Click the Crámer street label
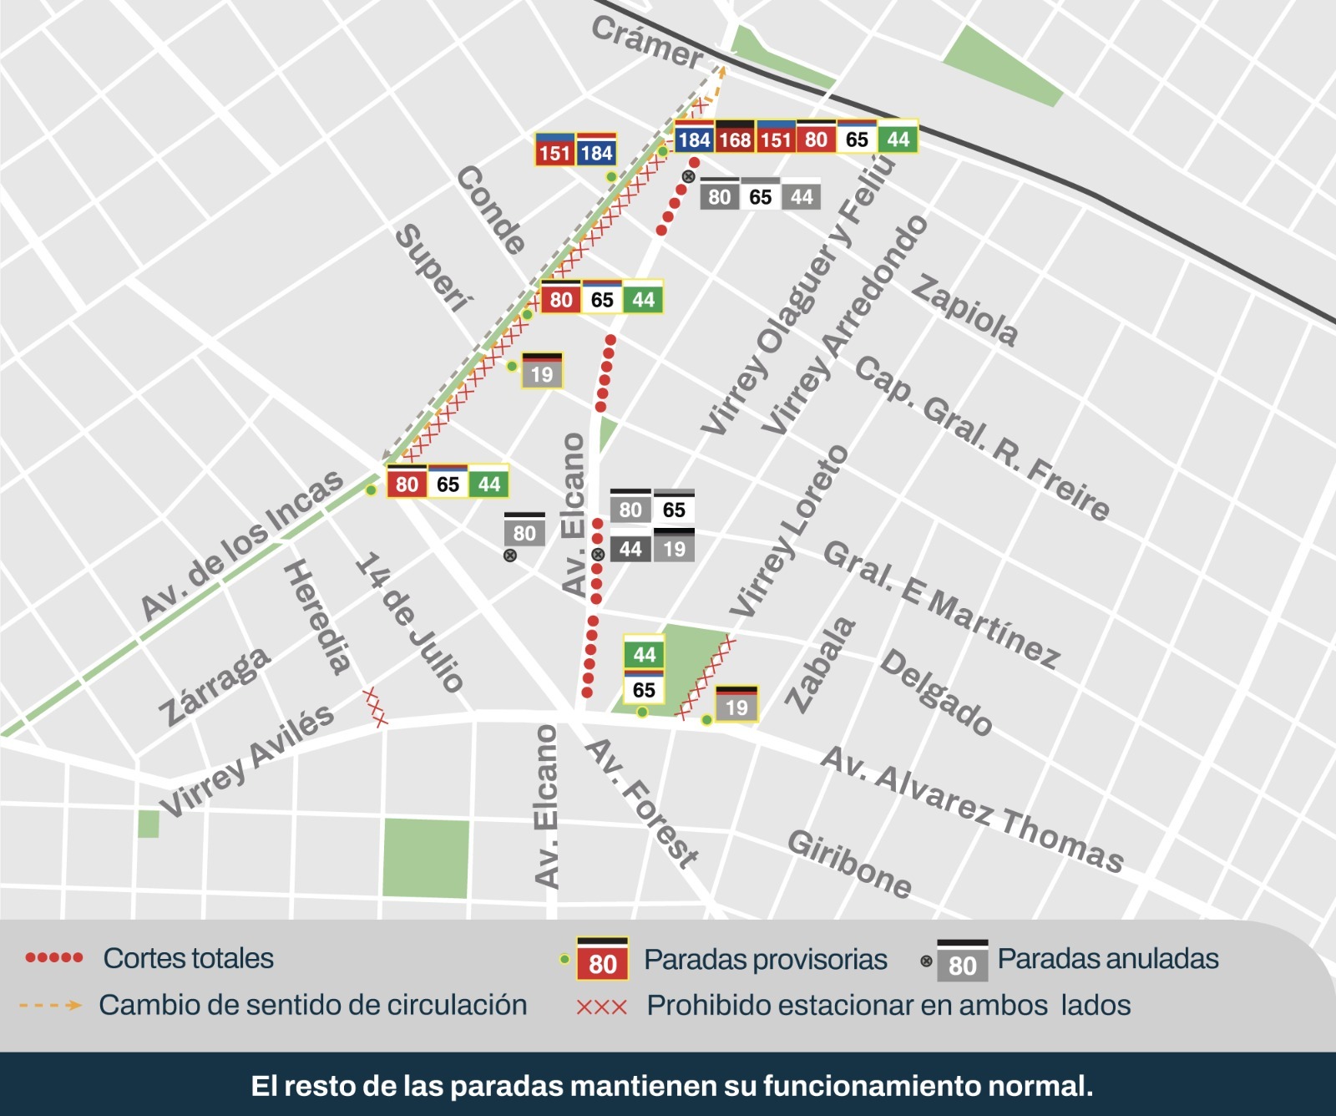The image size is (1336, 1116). coord(648,42)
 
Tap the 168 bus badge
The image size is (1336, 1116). coord(735,139)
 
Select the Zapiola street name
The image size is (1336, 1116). coord(964,310)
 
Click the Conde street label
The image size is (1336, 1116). coord(492,210)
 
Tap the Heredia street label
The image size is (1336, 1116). coord(316,616)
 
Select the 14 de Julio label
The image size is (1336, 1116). coord(409,622)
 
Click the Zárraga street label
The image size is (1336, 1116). coord(215,687)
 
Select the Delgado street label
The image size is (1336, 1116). coord(936,692)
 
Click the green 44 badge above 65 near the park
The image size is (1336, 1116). coord(644,654)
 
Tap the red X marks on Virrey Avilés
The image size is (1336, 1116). coord(375,707)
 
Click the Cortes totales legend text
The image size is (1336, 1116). coord(188,958)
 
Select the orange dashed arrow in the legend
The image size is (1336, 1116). coord(50,1005)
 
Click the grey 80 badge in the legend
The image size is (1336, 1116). coord(962,966)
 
